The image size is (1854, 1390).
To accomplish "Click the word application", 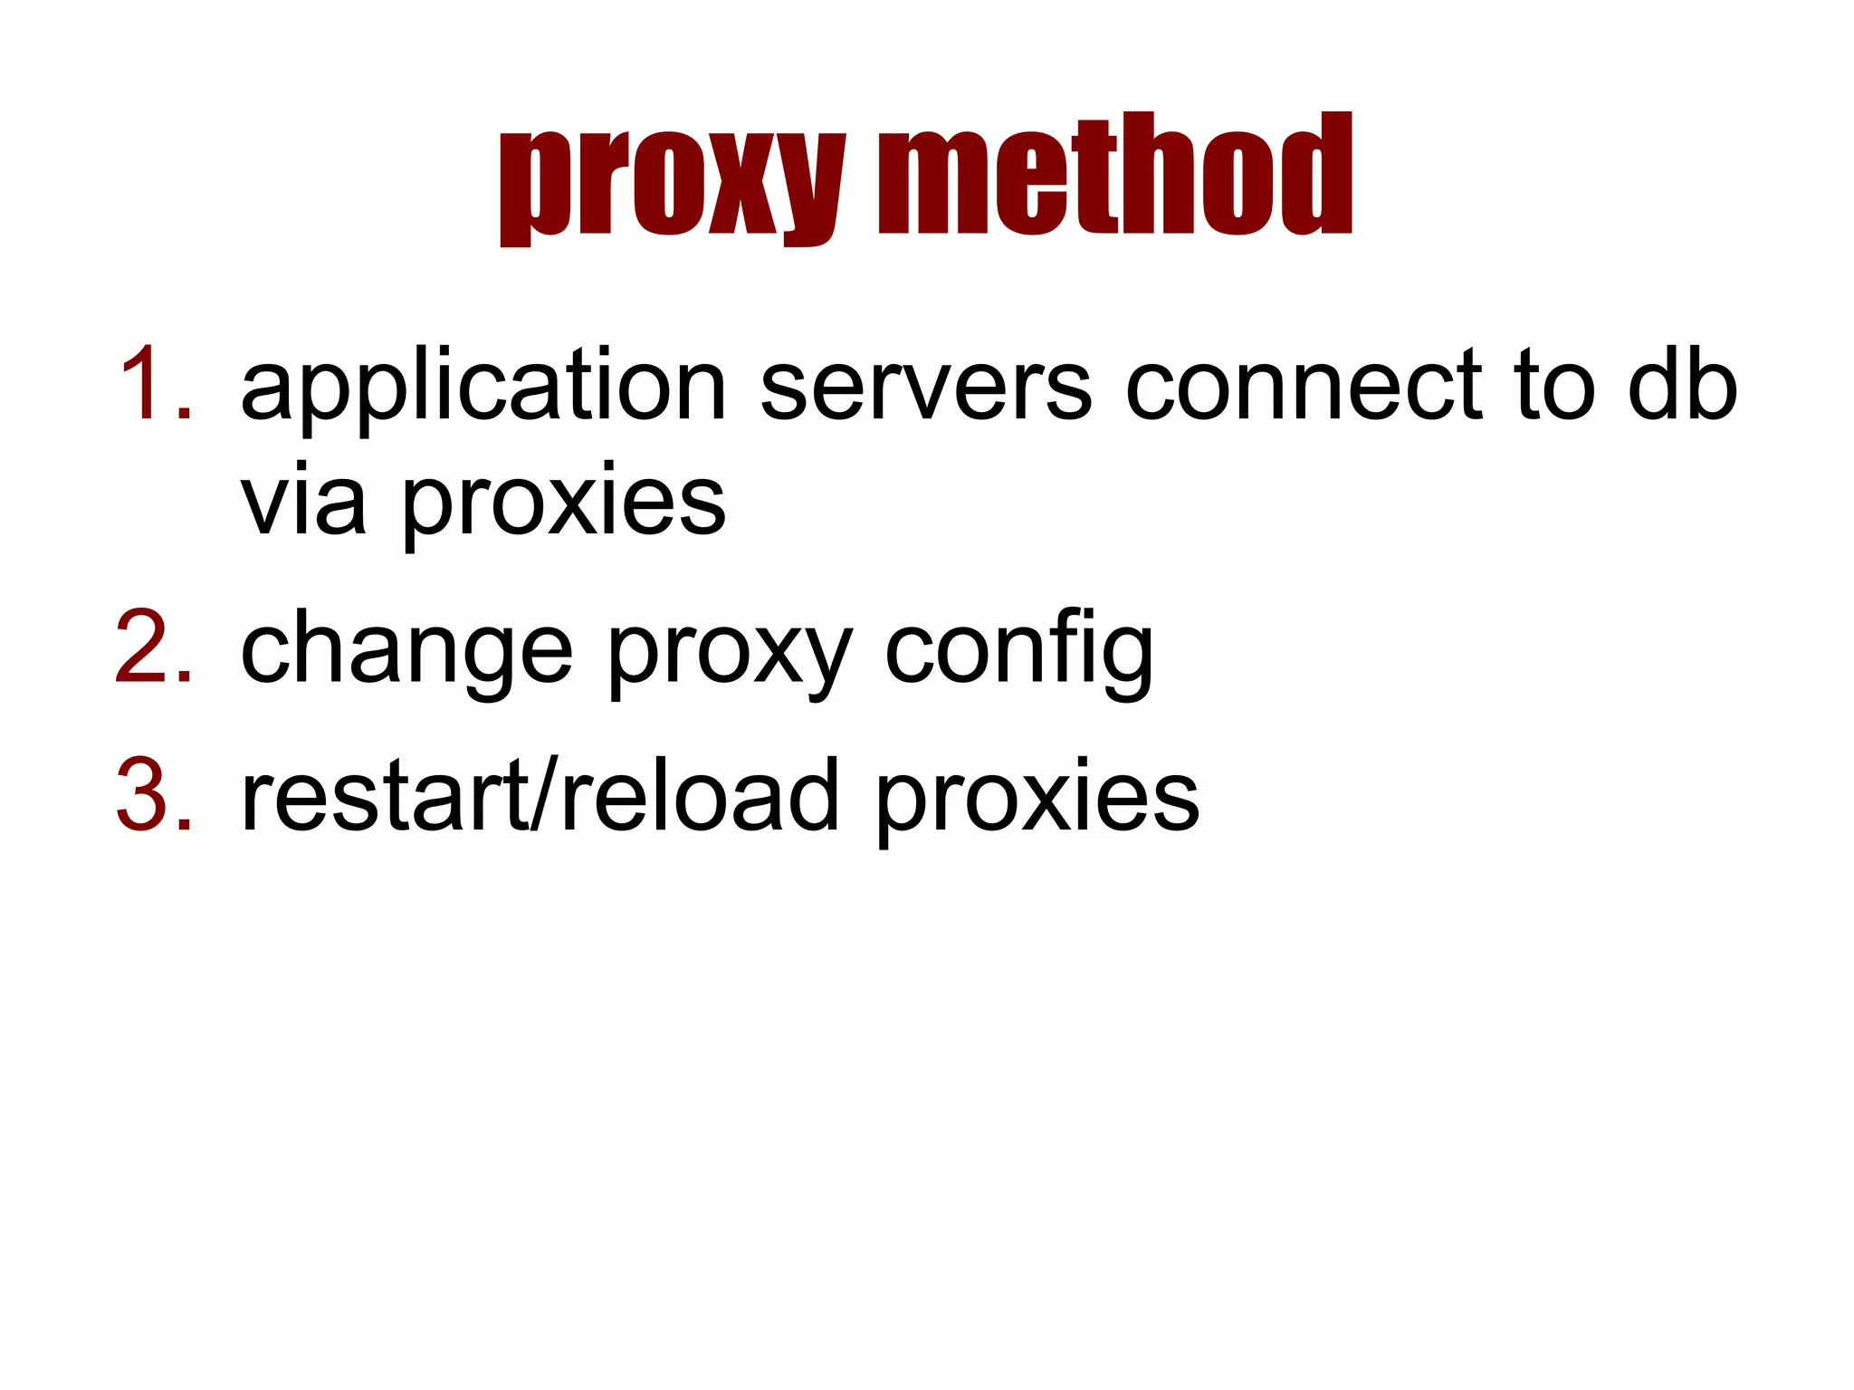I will tap(483, 388).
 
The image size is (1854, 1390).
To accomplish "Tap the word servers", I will tap(926, 388).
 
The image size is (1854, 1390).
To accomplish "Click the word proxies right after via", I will tap(563, 503).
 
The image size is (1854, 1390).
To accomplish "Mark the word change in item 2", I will tap(406, 650).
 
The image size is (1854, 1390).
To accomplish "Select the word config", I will tap(1018, 650).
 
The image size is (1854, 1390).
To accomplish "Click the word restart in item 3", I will tap(384, 796).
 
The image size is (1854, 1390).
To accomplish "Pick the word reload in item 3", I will tap(700, 796).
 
